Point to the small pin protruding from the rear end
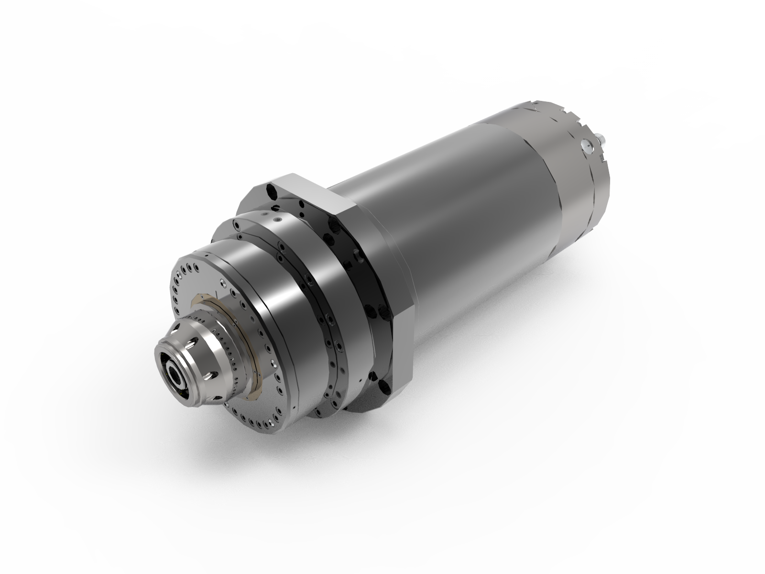pyautogui.click(x=601, y=139)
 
